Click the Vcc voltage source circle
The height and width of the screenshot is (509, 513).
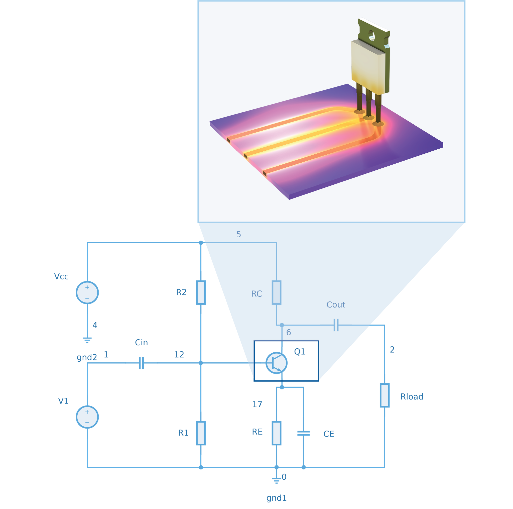87,292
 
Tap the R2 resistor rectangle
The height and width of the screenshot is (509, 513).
201,292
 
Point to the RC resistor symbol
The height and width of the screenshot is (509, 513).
277,292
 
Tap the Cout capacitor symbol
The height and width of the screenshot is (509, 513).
336,325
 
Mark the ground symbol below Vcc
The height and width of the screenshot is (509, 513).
87,340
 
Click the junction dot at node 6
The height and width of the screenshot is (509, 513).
282,325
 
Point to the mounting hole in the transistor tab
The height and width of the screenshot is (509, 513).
371,36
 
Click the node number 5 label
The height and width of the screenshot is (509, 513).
238,234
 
